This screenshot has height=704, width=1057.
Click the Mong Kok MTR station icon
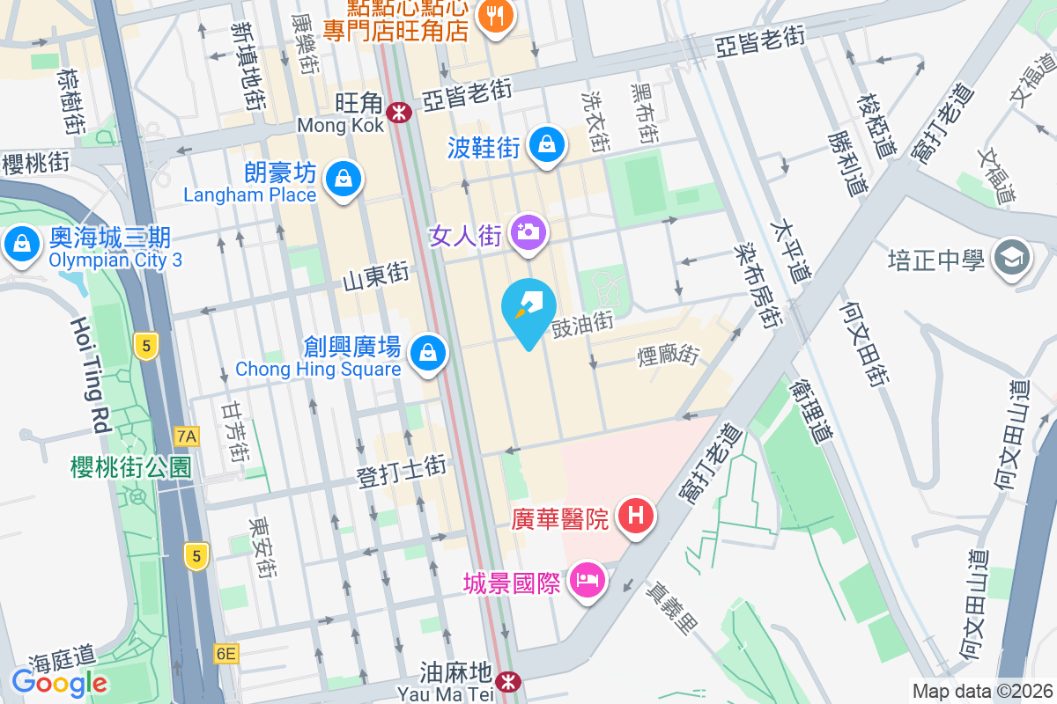point(400,112)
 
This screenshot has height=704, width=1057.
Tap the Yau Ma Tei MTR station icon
point(506,681)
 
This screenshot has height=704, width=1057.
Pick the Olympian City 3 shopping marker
point(20,243)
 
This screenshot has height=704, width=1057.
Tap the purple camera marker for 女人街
point(529,233)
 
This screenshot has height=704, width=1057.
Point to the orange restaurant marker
point(496,15)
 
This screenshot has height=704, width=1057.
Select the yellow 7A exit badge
point(187,436)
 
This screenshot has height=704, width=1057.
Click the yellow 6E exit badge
point(225,653)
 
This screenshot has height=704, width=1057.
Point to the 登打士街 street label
point(402,473)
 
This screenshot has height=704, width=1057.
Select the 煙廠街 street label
point(668,356)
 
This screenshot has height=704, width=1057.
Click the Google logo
point(59,682)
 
